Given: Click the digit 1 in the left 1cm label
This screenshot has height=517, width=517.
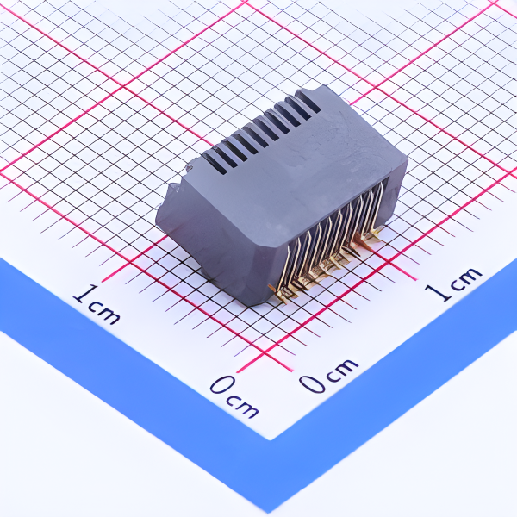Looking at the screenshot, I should (80, 296).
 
